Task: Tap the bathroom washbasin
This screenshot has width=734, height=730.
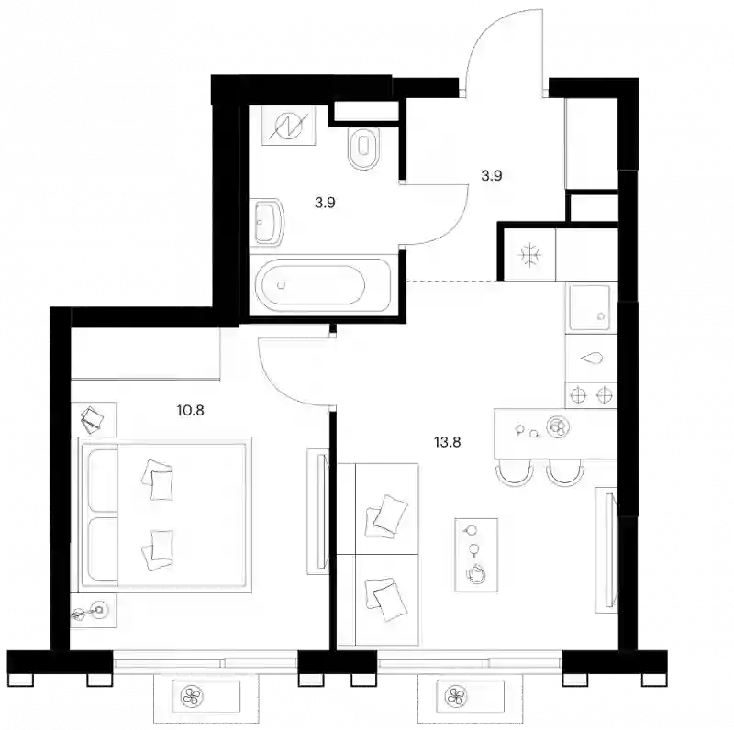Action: coord(268,222)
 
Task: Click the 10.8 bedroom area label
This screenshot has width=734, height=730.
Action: coord(191,410)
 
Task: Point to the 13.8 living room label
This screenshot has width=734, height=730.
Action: coord(448,442)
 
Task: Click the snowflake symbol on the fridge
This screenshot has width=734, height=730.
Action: coord(529,255)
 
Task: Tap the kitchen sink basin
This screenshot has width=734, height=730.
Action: coord(589,308)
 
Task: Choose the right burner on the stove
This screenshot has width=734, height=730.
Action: coord(605,395)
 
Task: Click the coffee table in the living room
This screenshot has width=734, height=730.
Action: coord(476,555)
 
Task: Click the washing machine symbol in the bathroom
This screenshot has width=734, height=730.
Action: coord(289,126)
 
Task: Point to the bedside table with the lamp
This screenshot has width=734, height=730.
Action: coord(93,611)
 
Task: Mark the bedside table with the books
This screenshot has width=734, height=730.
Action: coord(93,419)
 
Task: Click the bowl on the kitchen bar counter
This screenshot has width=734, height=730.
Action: coord(558,426)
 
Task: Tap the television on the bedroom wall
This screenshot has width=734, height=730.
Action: coord(319,511)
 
